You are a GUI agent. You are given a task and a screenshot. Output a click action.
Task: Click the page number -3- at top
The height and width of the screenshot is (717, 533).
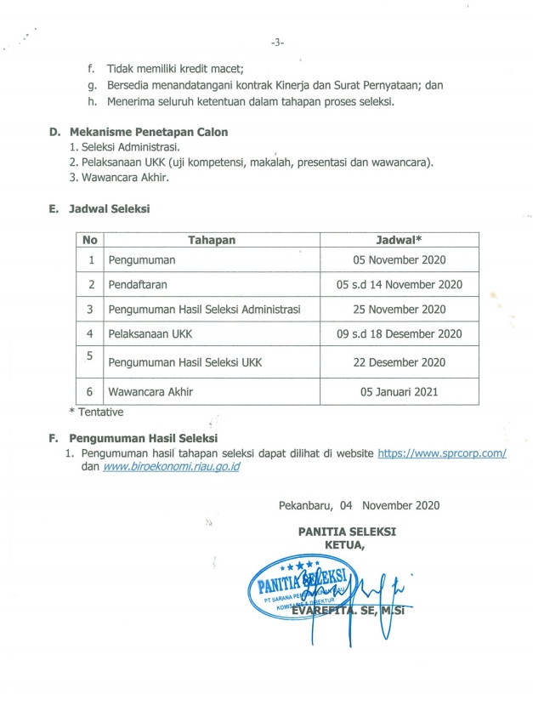click(x=276, y=42)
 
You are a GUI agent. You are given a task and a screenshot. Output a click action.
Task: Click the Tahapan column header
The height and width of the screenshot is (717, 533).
click(x=212, y=241)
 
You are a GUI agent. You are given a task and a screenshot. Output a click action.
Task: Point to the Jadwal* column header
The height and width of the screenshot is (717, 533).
click(x=399, y=241)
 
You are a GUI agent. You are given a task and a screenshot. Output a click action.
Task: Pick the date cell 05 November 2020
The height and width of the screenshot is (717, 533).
click(x=399, y=260)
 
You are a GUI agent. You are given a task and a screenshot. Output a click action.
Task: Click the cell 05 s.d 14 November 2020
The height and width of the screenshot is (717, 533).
click(x=399, y=285)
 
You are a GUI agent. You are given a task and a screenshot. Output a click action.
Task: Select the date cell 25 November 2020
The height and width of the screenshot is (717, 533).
click(x=399, y=310)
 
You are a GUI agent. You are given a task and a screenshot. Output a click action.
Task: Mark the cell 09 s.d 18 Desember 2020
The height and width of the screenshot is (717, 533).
click(x=399, y=334)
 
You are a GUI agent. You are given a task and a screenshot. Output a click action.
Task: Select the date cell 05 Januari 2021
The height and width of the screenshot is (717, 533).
click(x=399, y=393)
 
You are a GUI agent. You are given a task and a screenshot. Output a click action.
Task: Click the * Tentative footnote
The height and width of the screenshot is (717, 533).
click(x=96, y=413)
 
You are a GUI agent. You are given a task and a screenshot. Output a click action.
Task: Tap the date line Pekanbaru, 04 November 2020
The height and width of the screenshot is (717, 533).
click(x=359, y=504)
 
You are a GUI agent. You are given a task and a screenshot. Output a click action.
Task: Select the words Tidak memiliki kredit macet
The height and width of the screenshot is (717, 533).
click(x=175, y=68)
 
